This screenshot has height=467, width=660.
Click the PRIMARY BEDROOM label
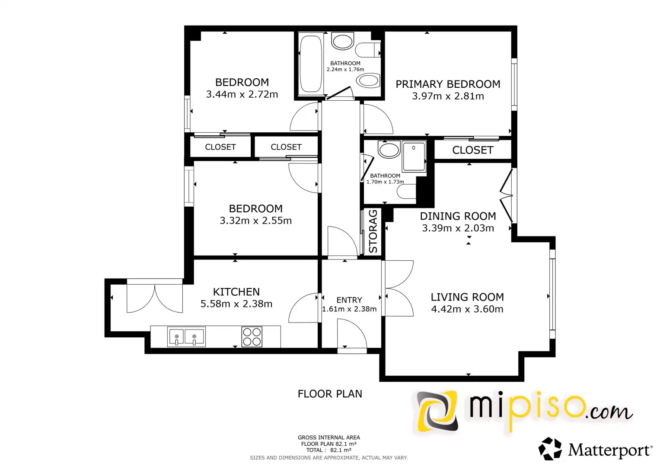(x=447, y=84)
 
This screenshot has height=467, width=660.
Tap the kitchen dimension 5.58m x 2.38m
(x=236, y=304)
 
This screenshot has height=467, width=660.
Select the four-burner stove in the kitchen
(x=252, y=336)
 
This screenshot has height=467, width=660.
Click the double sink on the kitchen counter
(x=186, y=337)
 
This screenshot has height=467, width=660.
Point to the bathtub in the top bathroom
(x=311, y=64)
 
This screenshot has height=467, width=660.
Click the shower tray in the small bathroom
(x=414, y=156)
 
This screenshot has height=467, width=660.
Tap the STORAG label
(x=373, y=231)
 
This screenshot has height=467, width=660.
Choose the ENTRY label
(x=349, y=300)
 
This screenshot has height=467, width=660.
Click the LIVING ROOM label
(x=467, y=297)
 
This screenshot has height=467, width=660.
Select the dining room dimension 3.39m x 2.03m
(x=458, y=228)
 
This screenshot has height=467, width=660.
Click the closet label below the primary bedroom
(x=472, y=150)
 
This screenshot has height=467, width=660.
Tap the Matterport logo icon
(x=550, y=449)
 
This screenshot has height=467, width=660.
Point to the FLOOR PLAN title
(x=330, y=394)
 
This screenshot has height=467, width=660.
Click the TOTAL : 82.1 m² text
(x=328, y=450)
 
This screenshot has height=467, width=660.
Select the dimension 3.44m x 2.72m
(x=242, y=94)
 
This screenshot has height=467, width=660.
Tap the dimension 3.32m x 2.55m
(x=256, y=221)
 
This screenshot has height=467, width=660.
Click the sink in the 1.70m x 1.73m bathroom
(x=389, y=149)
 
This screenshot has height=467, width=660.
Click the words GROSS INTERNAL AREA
(x=328, y=438)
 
